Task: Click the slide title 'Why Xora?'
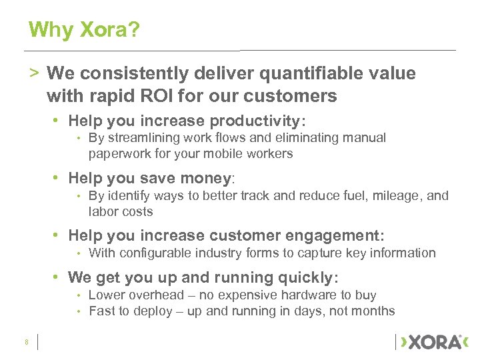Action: click(85, 30)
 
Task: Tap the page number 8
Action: click(26, 342)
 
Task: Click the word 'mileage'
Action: click(393, 195)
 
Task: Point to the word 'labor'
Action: click(102, 212)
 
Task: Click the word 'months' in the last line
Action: click(374, 311)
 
